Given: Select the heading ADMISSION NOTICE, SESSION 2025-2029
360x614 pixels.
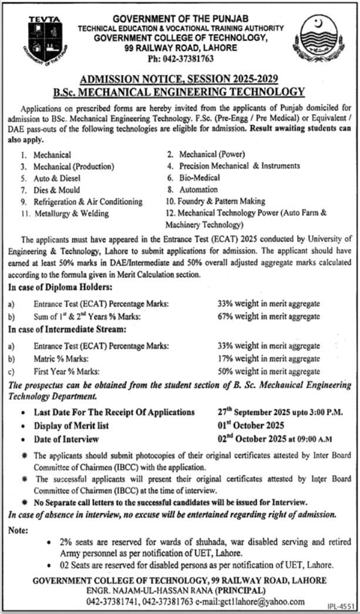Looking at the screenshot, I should (179, 79).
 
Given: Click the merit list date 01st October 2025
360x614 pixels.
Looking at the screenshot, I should (251, 425).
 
